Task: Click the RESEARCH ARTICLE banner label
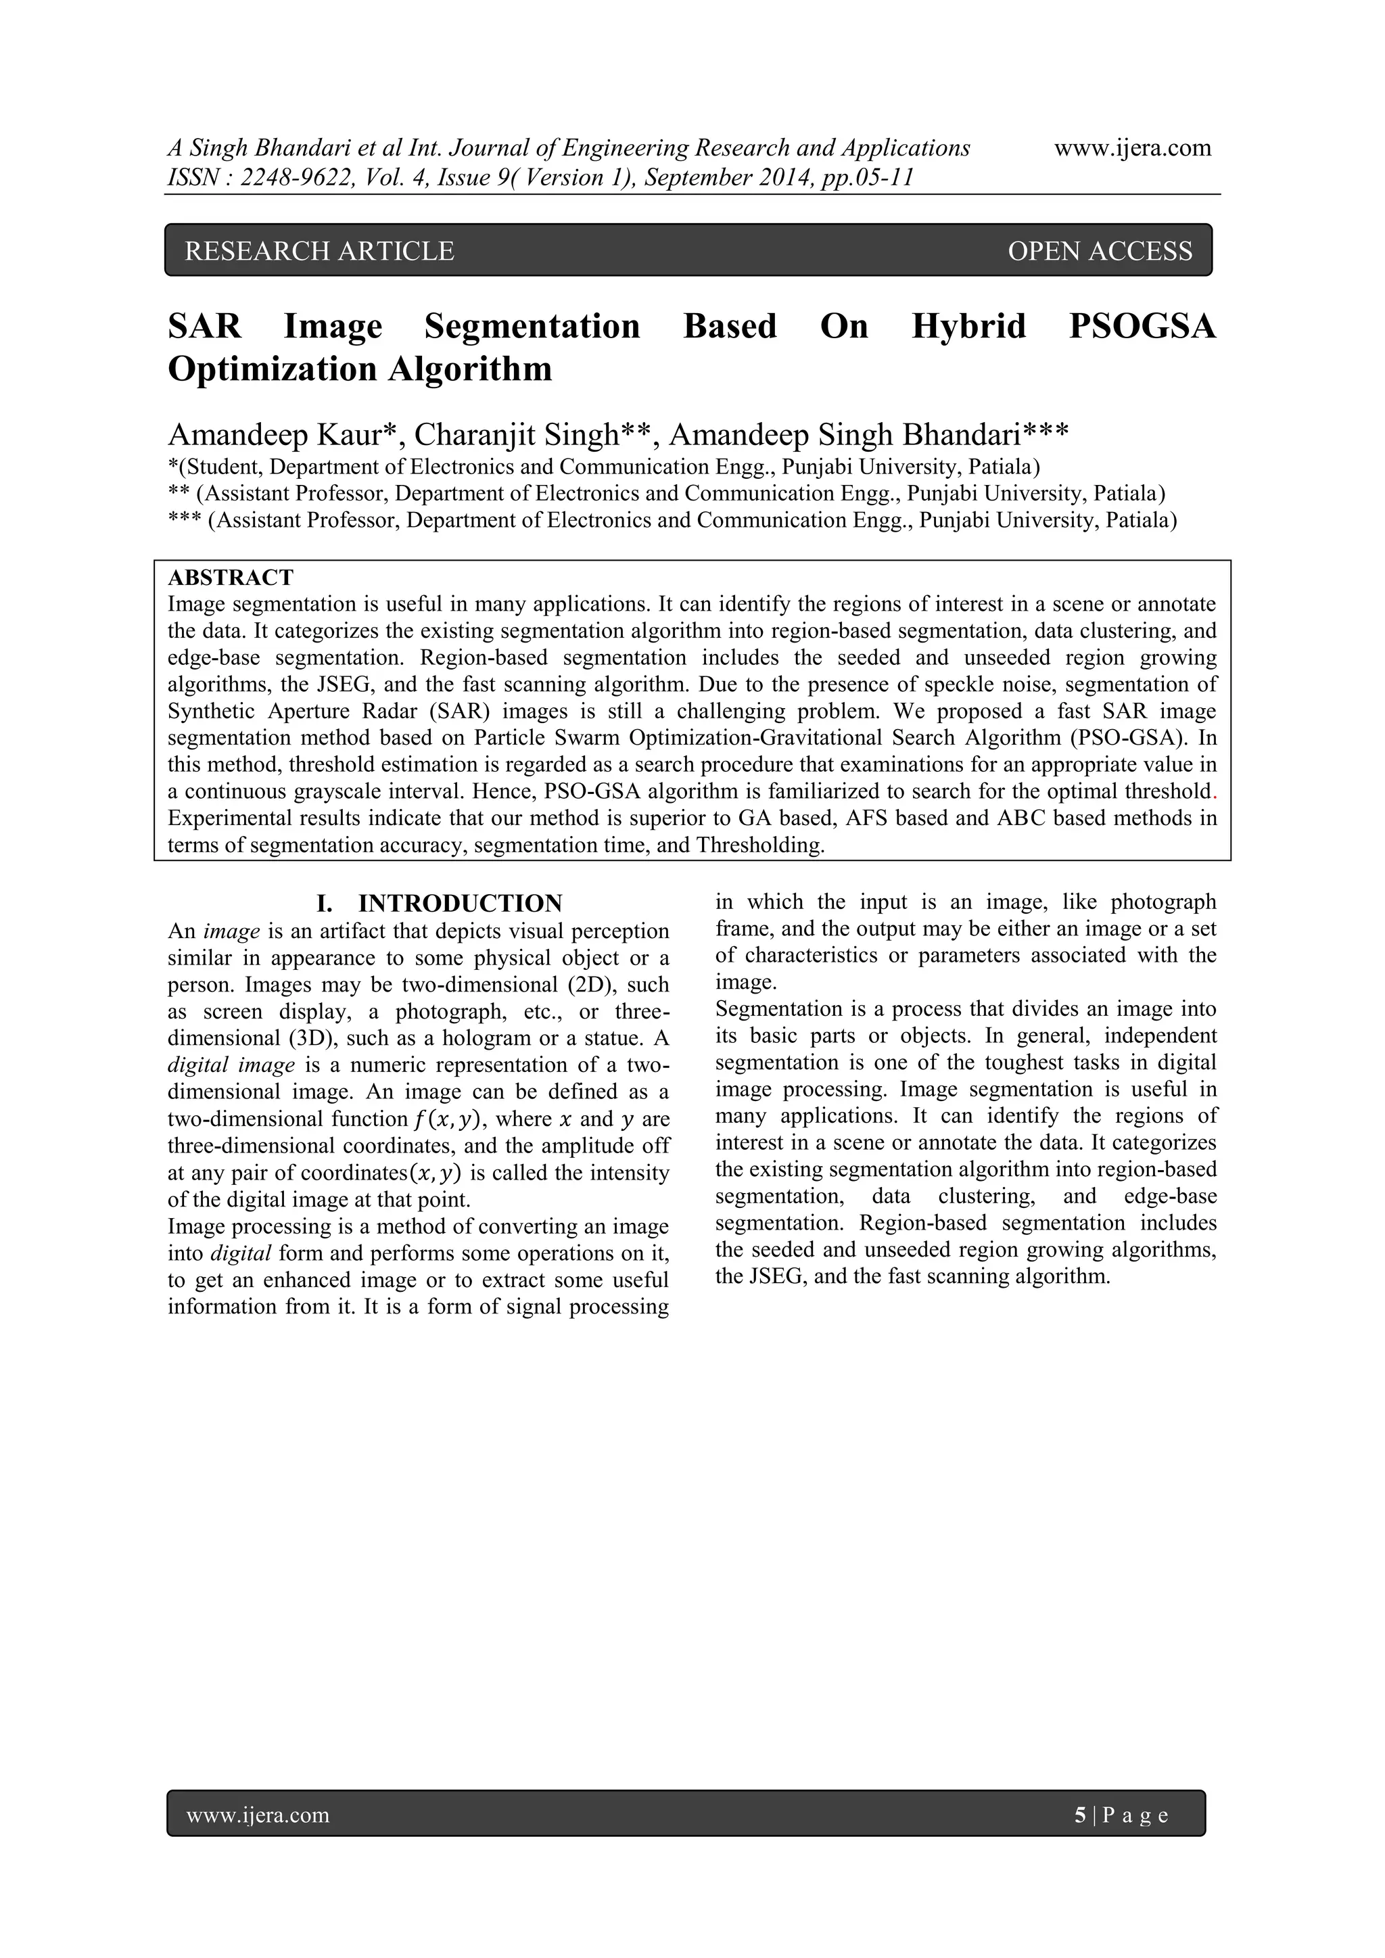click(319, 251)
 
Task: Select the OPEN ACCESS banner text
click(1100, 251)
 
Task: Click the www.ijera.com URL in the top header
click(1133, 147)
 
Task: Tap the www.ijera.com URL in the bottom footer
click(258, 1815)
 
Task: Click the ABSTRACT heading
click(230, 578)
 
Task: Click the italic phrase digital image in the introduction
click(230, 1065)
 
